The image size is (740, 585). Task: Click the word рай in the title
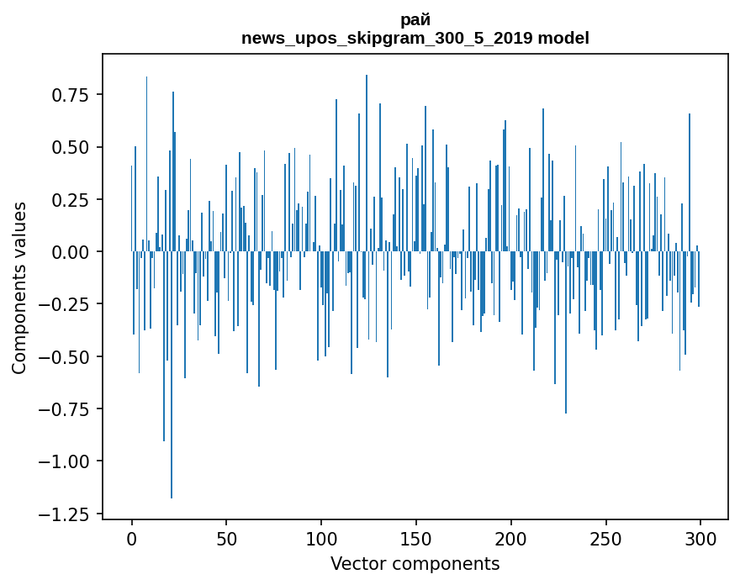point(415,21)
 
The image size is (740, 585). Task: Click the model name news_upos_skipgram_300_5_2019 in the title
point(388,38)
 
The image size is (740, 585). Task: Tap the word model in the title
point(563,38)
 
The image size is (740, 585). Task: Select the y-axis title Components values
point(18,288)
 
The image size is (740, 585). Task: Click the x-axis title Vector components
point(415,564)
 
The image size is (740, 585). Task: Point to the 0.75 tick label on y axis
point(71,95)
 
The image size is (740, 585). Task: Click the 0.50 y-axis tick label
point(71,148)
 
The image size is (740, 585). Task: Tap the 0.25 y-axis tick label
point(71,200)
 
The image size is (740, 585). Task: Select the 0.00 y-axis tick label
point(71,252)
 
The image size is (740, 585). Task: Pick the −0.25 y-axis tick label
point(64,305)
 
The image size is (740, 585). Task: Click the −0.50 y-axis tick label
point(64,357)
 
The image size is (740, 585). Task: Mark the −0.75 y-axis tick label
point(64,409)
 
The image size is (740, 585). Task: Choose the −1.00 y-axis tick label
point(64,462)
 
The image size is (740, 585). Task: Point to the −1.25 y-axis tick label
point(64,514)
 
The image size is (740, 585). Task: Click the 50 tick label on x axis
point(226,540)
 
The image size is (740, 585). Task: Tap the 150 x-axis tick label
point(415,540)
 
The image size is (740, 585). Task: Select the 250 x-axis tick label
point(605,540)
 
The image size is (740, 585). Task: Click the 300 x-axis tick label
point(700,540)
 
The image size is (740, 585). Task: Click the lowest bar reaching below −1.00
point(172,375)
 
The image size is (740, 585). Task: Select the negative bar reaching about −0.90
point(164,345)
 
